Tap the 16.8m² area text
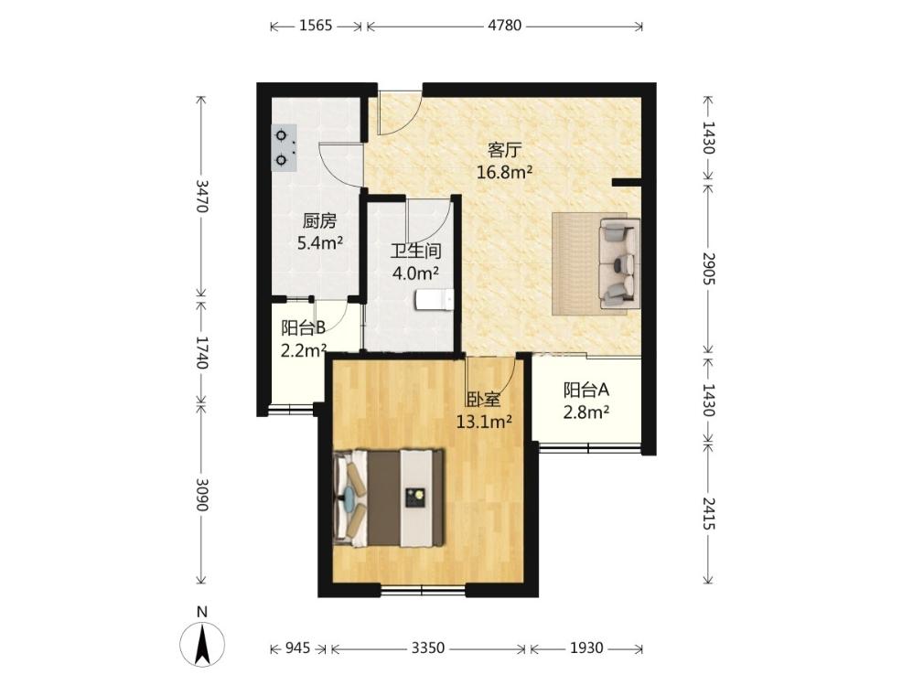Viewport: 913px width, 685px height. pyautogui.click(x=505, y=172)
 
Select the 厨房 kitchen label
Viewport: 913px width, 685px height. pyautogui.click(x=319, y=221)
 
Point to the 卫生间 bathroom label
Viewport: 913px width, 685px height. pyautogui.click(x=415, y=252)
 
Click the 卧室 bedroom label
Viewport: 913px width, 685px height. pyautogui.click(x=484, y=400)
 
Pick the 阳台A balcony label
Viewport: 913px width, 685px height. pyautogui.click(x=586, y=390)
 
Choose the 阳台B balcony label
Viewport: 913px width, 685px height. pyautogui.click(x=304, y=328)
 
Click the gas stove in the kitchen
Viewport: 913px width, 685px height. pyautogui.click(x=284, y=147)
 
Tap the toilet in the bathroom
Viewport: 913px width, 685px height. pyautogui.click(x=435, y=300)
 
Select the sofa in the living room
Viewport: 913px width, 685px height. pyautogui.click(x=620, y=263)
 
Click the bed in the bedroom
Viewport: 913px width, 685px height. pyautogui.click(x=389, y=498)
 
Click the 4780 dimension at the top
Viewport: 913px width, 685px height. pyautogui.click(x=505, y=26)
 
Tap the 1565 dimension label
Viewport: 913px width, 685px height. pyautogui.click(x=316, y=26)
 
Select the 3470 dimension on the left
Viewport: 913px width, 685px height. pyautogui.click(x=201, y=196)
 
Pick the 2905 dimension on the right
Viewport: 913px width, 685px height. pyautogui.click(x=708, y=268)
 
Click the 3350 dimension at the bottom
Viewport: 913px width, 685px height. pyautogui.click(x=428, y=648)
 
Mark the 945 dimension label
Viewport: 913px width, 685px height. pyautogui.click(x=297, y=648)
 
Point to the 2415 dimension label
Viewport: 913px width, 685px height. pyautogui.click(x=708, y=513)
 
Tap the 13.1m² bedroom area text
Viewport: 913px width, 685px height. pyautogui.click(x=484, y=422)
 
